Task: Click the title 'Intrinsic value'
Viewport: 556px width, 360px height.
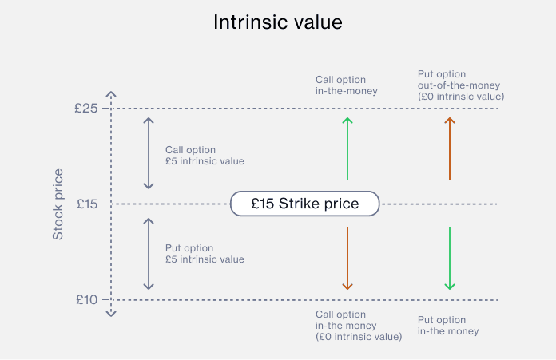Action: (x=278, y=22)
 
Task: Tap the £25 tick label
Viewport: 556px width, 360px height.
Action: (x=85, y=108)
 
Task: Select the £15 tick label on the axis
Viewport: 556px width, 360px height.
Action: (x=87, y=204)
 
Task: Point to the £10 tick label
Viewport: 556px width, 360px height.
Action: (x=86, y=300)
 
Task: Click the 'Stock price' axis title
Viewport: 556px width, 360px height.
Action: (x=58, y=204)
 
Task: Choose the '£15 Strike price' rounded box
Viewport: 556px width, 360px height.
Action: (x=305, y=204)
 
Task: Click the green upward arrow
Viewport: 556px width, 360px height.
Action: (x=347, y=148)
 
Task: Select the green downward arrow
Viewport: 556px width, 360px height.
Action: (x=450, y=259)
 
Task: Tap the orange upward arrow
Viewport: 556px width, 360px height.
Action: (x=450, y=148)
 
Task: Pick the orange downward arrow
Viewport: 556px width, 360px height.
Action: (x=347, y=259)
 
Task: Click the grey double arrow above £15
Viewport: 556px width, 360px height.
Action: (x=149, y=153)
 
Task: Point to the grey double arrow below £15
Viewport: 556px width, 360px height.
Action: (x=149, y=254)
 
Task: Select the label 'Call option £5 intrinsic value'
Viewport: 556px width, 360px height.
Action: (x=205, y=156)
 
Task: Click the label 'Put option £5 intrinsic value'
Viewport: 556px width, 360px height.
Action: (x=205, y=254)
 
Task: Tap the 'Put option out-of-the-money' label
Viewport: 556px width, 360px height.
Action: (x=461, y=85)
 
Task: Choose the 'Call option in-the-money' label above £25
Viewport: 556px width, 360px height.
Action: (x=347, y=85)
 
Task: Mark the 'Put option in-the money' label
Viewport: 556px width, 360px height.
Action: (x=448, y=326)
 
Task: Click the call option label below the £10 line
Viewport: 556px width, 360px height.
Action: (x=359, y=326)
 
